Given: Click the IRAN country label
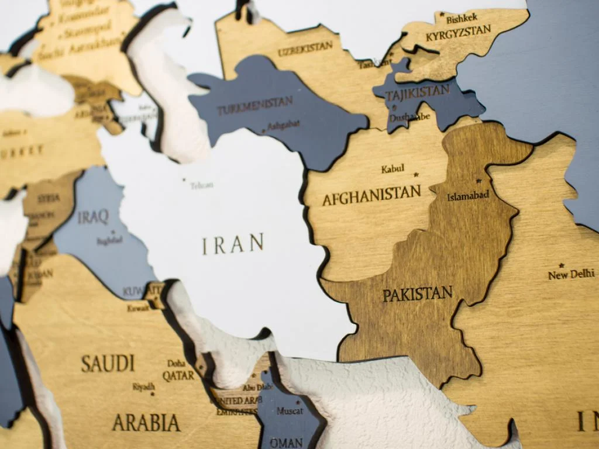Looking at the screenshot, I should [x=233, y=244].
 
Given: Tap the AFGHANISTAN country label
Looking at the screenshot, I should [x=371, y=195].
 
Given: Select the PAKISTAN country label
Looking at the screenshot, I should [x=418, y=293].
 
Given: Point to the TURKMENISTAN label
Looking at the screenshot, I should [x=255, y=105].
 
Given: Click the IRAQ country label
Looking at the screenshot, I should [x=94, y=217].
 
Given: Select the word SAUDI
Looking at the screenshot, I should [x=108, y=364].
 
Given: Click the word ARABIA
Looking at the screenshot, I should [x=146, y=422].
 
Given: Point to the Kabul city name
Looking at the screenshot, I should [x=393, y=169].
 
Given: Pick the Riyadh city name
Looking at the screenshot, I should [x=143, y=387].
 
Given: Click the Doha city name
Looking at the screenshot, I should [x=176, y=363].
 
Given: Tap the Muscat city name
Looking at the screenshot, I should [x=290, y=411].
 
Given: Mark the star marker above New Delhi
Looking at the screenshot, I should [x=562, y=265].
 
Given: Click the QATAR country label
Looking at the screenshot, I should [x=178, y=375].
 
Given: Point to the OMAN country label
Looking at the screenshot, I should [x=286, y=442].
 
